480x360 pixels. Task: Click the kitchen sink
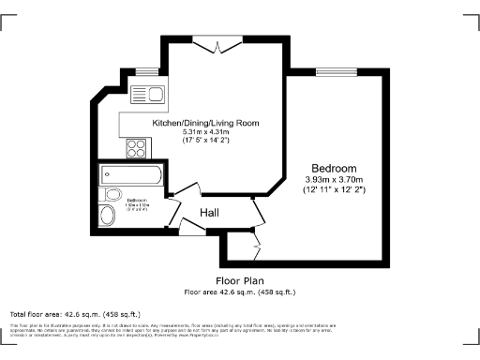click(148, 93)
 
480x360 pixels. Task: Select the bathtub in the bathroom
click(131, 175)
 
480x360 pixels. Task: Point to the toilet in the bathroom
click(108, 216)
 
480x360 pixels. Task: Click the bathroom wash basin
click(114, 195)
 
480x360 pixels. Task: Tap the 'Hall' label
click(211, 214)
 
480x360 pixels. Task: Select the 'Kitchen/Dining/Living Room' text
click(206, 123)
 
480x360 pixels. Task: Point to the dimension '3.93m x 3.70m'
click(334, 180)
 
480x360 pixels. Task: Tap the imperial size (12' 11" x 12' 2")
click(334, 190)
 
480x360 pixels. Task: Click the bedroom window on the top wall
click(334, 70)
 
